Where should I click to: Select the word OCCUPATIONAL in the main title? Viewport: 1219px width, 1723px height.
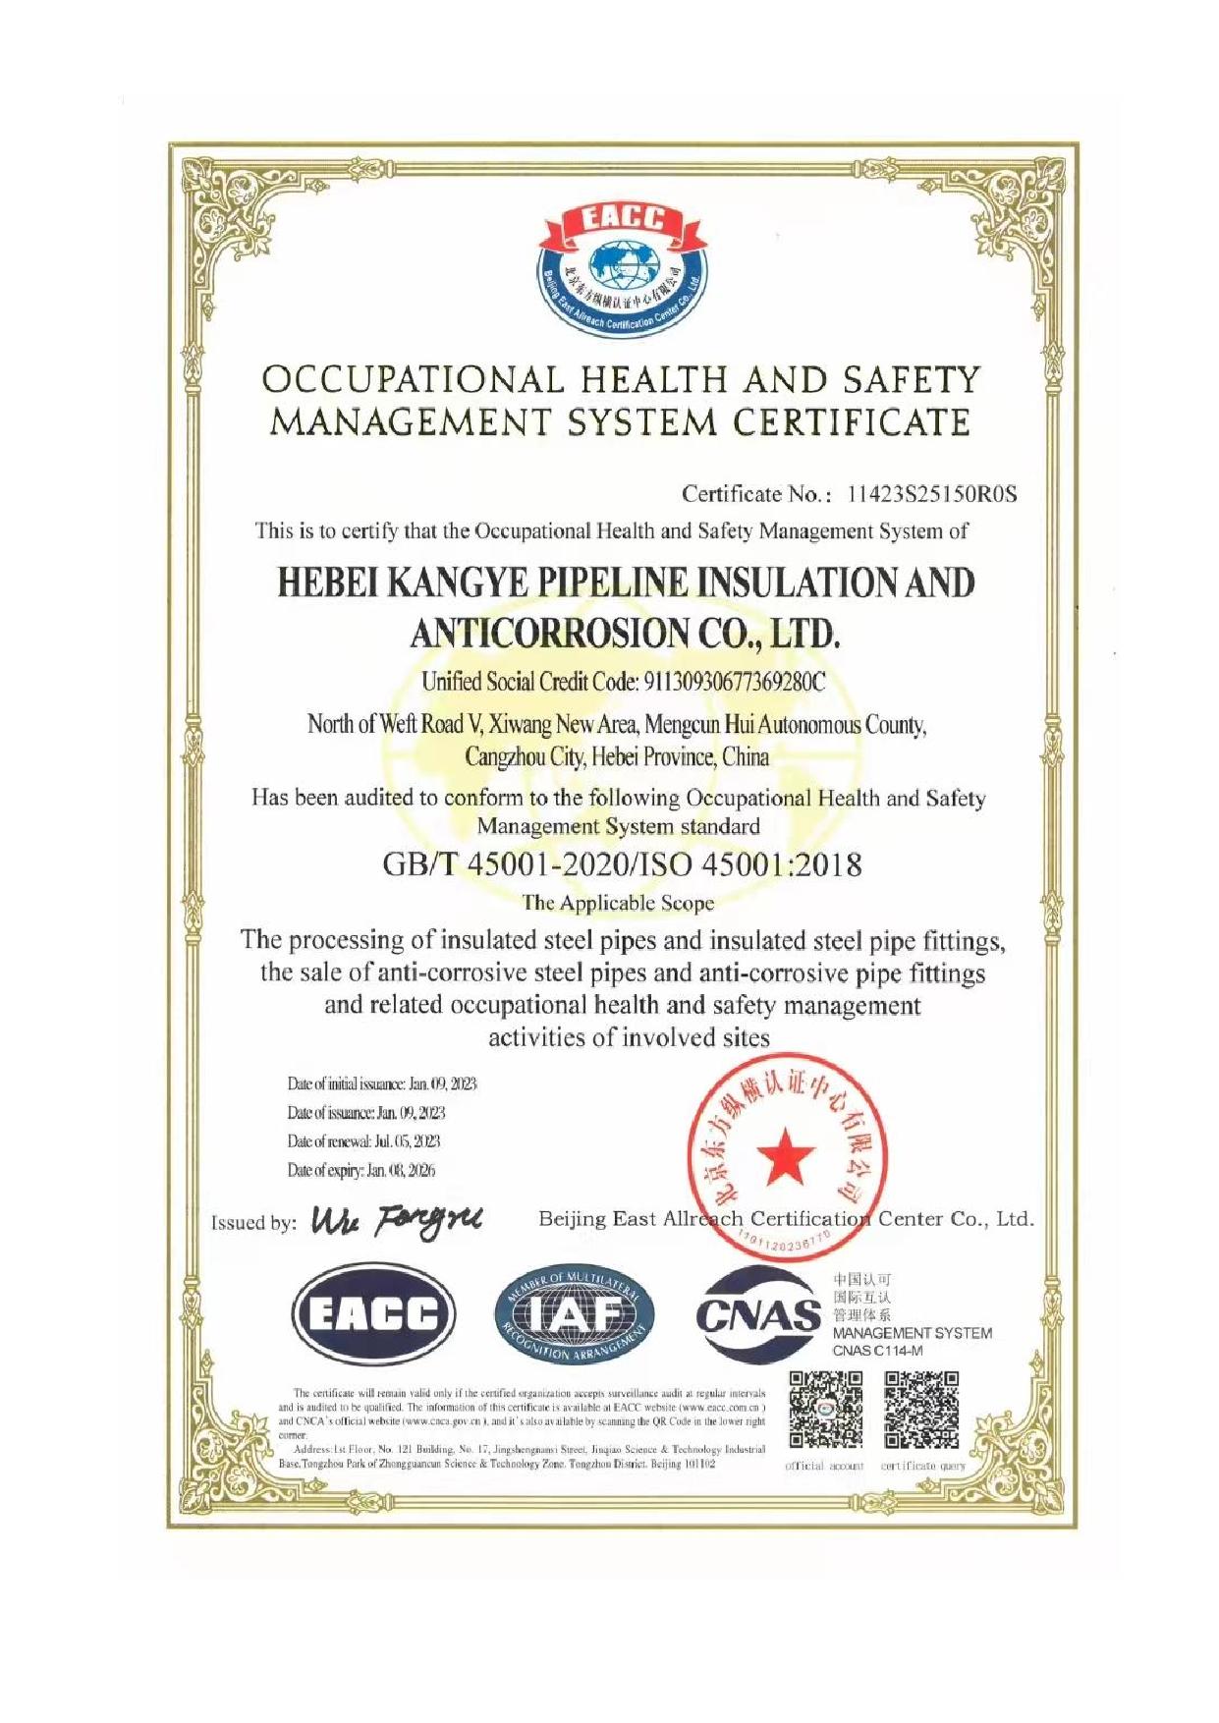coord(413,380)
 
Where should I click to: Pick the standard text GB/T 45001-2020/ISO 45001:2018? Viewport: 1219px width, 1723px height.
coord(622,865)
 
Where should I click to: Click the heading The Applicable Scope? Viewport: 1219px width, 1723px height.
coord(618,903)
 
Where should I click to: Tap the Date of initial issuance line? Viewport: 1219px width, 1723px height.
coord(381,1084)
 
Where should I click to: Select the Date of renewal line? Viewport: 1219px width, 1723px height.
coord(363,1141)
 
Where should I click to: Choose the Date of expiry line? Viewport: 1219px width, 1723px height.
coord(360,1170)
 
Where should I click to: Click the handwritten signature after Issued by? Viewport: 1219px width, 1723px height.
coord(396,1220)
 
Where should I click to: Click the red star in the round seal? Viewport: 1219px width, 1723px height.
coord(787,1156)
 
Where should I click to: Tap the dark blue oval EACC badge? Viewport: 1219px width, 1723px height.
coord(373,1314)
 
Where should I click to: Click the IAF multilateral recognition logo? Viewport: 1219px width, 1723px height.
coord(574,1314)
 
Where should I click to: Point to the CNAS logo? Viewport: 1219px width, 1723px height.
coord(757,1314)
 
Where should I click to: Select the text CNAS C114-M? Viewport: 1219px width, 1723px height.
coord(877,1351)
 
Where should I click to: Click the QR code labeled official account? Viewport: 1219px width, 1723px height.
coord(825,1411)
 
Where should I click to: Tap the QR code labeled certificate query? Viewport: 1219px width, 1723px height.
coord(921,1411)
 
